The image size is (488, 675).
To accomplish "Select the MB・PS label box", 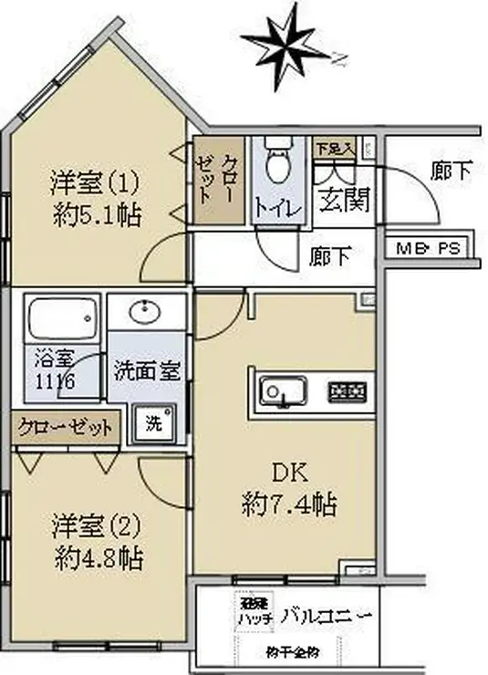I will point(426,247).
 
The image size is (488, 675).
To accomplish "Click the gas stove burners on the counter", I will point(349,391).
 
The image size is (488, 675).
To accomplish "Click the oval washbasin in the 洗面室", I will point(146,313).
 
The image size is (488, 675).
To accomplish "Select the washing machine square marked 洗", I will point(152,423).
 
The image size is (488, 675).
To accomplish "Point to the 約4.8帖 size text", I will point(96,556).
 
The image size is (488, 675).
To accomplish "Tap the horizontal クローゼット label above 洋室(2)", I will point(66,426).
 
